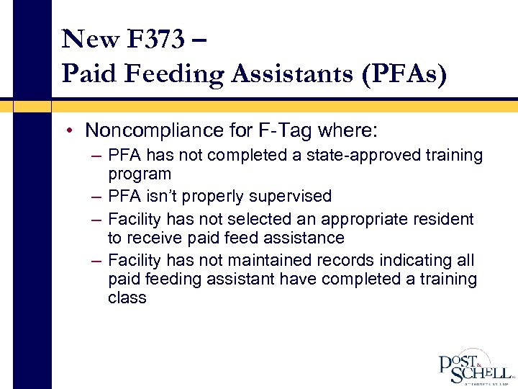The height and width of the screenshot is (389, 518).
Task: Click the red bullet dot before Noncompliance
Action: [73, 130]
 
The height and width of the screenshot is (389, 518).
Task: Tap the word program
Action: [140, 174]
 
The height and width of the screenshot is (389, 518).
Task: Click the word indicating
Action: [422, 260]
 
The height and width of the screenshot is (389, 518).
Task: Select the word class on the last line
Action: [127, 298]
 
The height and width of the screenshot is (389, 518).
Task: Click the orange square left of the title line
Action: [32, 106]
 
